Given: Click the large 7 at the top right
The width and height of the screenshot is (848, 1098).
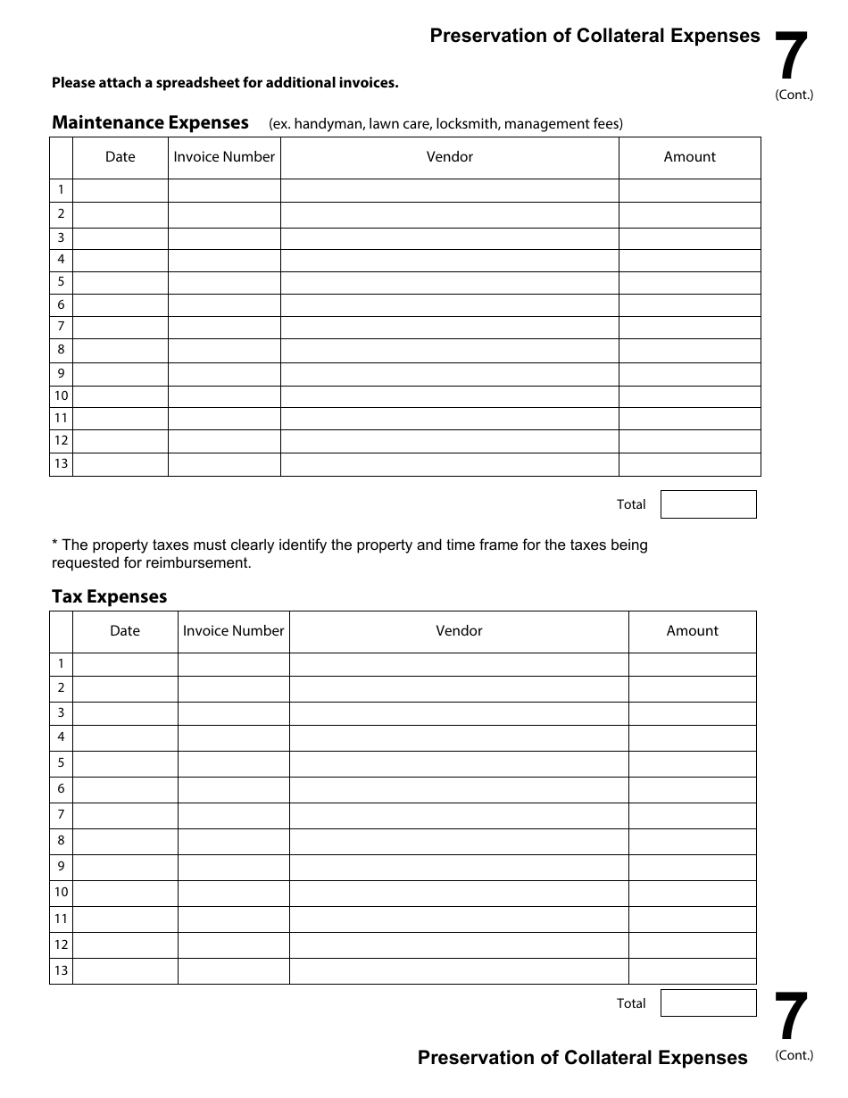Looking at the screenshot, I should tap(791, 56).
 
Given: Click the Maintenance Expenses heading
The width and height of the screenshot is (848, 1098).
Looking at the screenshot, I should tap(150, 122).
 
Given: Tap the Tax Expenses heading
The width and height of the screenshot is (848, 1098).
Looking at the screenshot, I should tap(109, 596).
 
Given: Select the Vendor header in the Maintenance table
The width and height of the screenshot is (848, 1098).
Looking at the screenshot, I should tap(449, 157).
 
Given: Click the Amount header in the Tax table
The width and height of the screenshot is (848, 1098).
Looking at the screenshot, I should tap(692, 631).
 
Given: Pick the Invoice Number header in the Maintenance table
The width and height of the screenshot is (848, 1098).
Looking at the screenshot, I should tap(224, 157).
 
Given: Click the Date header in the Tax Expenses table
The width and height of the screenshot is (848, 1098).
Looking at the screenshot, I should tap(125, 631).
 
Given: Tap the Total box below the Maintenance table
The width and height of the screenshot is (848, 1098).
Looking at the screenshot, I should tap(708, 504).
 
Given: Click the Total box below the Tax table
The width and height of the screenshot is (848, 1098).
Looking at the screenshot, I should tap(708, 1002).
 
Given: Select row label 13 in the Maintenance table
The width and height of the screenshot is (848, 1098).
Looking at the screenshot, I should tap(61, 463).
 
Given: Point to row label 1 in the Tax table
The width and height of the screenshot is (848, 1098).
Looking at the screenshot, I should tap(61, 663).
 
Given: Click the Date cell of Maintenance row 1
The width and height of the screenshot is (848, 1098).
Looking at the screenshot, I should tap(120, 190).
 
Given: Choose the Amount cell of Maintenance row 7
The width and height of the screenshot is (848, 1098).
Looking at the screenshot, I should tap(689, 327).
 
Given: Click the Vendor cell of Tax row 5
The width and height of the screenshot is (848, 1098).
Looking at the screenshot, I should tap(459, 763).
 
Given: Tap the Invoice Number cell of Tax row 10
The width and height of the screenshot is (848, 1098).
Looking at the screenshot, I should tap(233, 893).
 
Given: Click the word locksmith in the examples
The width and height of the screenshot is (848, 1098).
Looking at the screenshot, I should tap(466, 124).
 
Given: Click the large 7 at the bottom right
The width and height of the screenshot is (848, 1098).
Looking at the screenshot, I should tap(791, 1018).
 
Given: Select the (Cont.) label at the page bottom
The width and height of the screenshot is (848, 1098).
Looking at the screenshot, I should tap(794, 1055).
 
